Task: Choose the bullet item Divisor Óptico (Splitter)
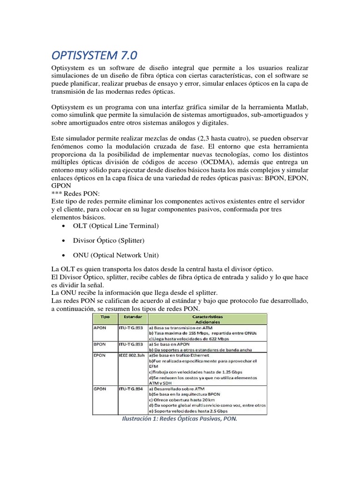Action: pos(108,240)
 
